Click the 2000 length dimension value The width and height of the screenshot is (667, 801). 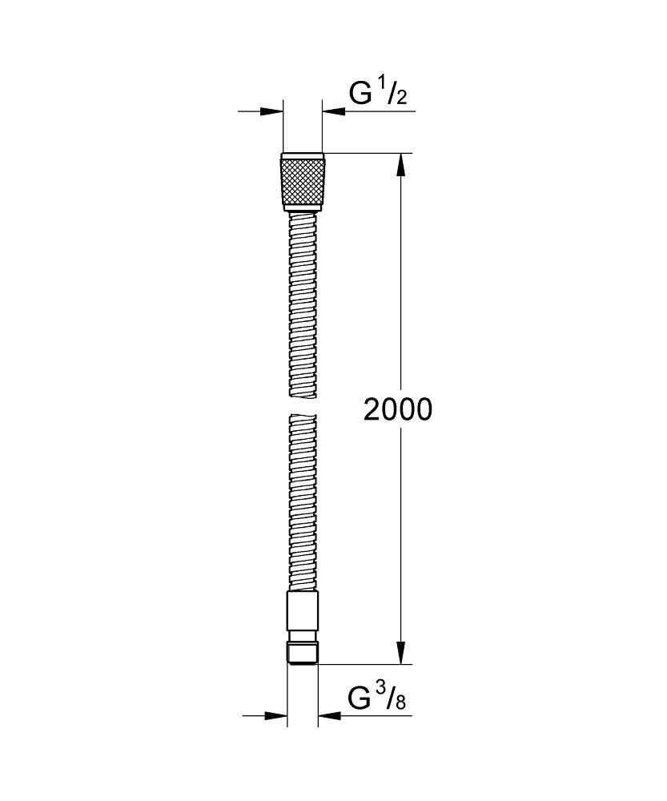pyautogui.click(x=398, y=409)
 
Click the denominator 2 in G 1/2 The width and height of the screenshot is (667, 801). pyautogui.click(x=402, y=99)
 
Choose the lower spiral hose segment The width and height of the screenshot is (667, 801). pyautogui.click(x=303, y=501)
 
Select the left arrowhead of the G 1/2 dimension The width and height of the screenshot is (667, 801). pyautogui.click(x=274, y=111)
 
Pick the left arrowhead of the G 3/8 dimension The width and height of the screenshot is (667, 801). pyautogui.click(x=277, y=715)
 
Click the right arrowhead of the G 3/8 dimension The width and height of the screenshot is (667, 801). pyautogui.click(x=327, y=715)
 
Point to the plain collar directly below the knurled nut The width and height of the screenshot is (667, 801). pyautogui.click(x=303, y=208)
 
